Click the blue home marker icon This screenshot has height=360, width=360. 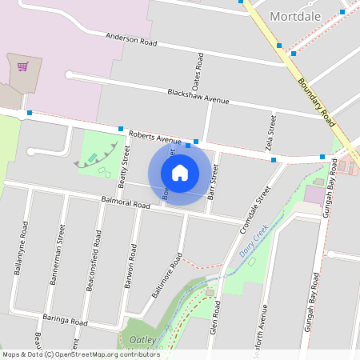pos(180,173)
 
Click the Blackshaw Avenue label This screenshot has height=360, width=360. pos(198,97)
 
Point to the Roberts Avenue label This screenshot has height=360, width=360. pos(156,137)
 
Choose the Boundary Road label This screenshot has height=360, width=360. pos(315,98)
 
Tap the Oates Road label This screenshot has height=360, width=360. pos(197,72)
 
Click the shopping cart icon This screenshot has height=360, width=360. pos(22,66)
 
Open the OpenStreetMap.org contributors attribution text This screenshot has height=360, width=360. pos(109,354)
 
